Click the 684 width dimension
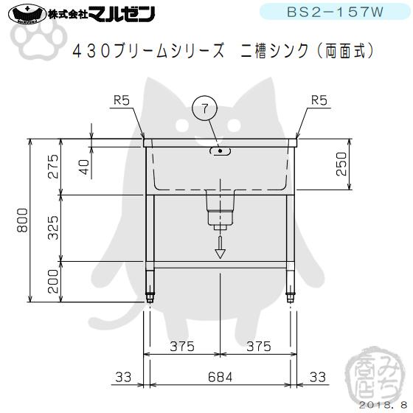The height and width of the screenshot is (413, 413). (220, 377)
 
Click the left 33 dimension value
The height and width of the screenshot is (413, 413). (124, 377)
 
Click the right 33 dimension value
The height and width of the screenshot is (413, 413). (317, 377)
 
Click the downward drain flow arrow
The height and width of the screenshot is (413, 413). (220, 248)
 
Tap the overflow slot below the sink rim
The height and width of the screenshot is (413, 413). (220, 151)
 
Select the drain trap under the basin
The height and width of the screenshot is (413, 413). (220, 209)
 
